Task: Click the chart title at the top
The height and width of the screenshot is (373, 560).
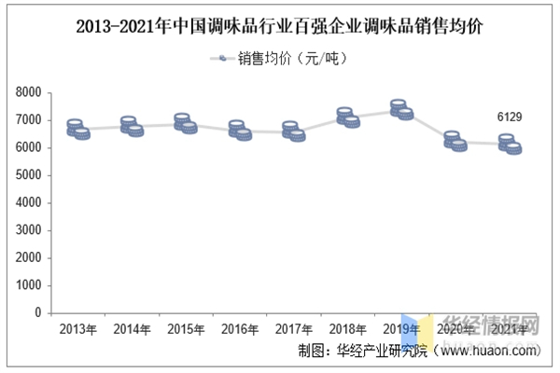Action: click(x=279, y=25)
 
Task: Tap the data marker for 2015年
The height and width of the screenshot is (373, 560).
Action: click(x=186, y=124)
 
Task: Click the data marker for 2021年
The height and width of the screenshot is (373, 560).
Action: click(x=510, y=144)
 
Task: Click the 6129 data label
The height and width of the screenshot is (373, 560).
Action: click(x=509, y=117)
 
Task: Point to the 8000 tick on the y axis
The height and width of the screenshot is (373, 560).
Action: click(x=29, y=93)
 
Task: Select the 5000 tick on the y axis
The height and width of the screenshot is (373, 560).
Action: click(x=29, y=175)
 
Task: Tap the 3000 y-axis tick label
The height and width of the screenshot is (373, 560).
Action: click(x=29, y=230)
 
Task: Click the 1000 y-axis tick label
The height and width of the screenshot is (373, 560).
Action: click(x=29, y=285)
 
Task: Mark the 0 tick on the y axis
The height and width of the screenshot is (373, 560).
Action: click(x=37, y=313)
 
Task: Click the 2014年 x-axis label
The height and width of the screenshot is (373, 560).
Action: click(x=132, y=329)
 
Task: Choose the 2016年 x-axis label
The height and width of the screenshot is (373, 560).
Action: click(x=240, y=329)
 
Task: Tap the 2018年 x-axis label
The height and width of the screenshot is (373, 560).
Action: click(x=347, y=329)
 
